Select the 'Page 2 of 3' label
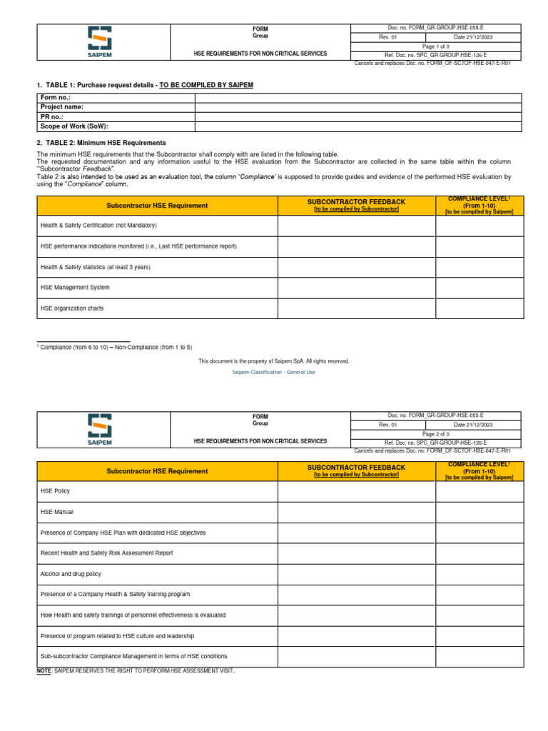(435, 433)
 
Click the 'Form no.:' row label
(56, 97)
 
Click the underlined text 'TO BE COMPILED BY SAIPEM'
(206, 85)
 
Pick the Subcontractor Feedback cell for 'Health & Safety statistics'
(356, 267)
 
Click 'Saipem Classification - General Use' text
(274, 372)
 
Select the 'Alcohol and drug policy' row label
(71, 573)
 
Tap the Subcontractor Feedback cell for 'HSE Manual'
(356, 512)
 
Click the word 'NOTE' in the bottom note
(44, 671)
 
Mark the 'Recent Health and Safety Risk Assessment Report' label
(106, 553)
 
